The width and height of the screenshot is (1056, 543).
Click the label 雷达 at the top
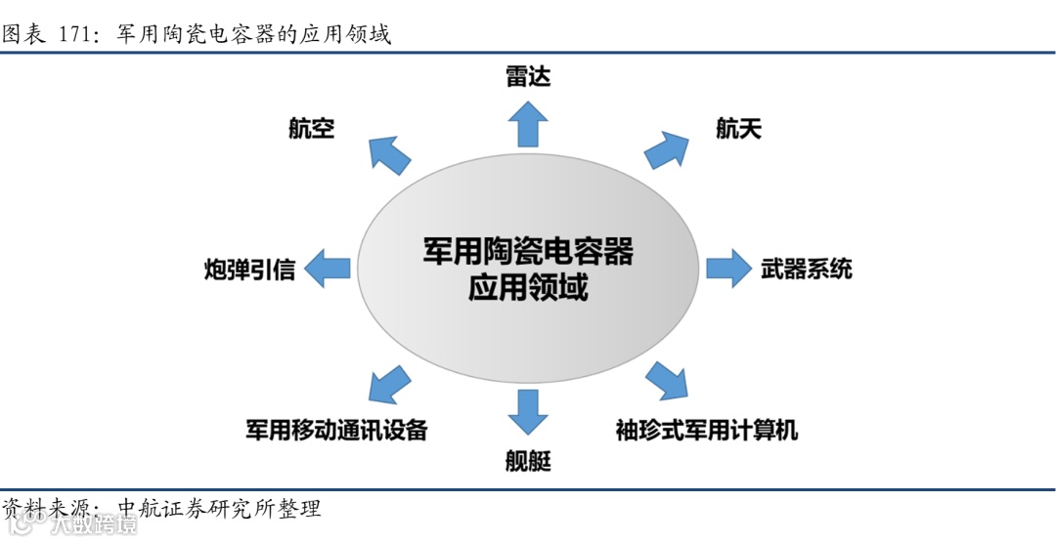528,76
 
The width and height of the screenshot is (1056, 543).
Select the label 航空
312,128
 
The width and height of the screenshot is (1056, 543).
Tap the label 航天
739,128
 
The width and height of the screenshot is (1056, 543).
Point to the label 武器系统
807,269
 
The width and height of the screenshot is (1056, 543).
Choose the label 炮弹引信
250,269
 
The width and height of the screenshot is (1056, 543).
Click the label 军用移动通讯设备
336,430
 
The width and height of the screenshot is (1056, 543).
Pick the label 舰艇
528,461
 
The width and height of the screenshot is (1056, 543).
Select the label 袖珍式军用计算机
707,430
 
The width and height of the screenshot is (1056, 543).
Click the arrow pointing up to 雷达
528,123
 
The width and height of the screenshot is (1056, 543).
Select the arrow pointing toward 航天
668,149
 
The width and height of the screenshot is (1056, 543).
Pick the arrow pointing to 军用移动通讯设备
389,382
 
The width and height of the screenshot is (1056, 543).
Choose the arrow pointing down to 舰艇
528,410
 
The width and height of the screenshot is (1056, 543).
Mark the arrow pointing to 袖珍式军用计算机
668,381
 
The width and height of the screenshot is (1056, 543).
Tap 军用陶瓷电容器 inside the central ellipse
528,251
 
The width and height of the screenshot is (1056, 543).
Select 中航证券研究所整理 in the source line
219,509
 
